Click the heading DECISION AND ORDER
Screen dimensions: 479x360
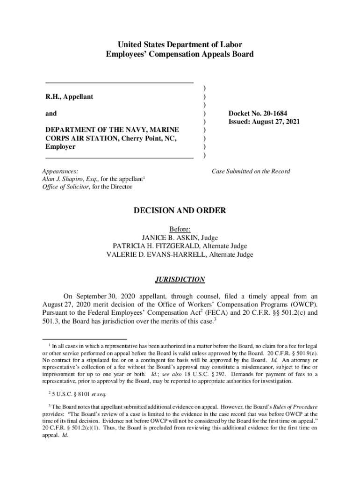tap(180, 211)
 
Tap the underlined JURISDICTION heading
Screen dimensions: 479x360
tap(180, 280)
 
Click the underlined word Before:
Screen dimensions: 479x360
tap(180, 229)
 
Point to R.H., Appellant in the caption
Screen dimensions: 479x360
tap(69, 96)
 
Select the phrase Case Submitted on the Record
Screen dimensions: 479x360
tap(251, 171)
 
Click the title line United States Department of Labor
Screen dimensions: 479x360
tap(180, 45)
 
